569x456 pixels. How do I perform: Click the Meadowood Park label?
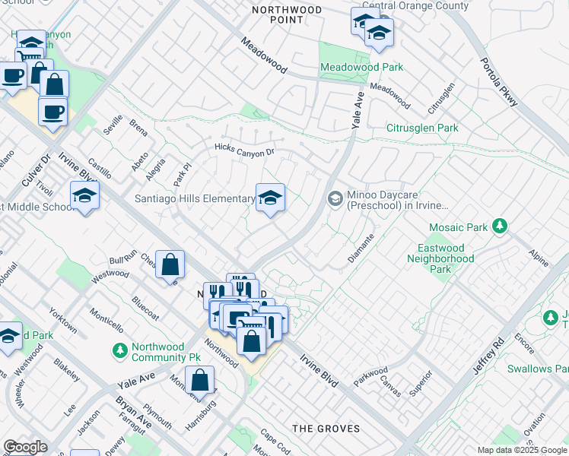361,68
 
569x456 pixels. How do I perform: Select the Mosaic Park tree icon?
500,226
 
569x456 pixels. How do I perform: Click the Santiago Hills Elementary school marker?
270,199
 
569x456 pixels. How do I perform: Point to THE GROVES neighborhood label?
326,429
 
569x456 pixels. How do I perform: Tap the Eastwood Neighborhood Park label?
446,258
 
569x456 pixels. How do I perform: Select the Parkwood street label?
370,376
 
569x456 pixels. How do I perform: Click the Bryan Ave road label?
123,411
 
